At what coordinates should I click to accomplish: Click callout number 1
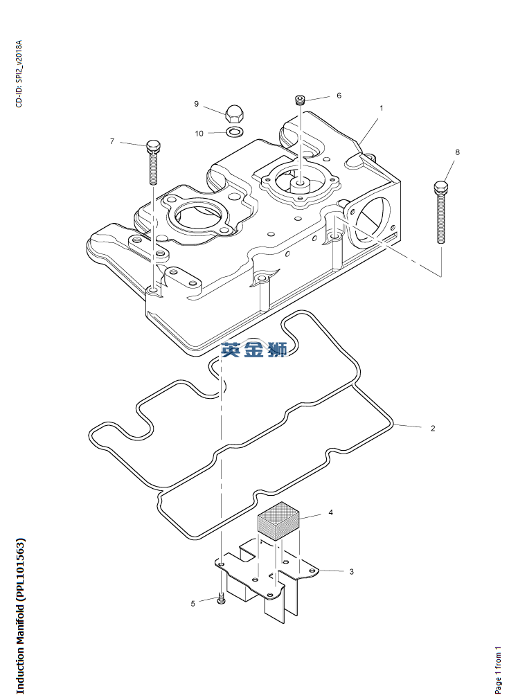click(381, 108)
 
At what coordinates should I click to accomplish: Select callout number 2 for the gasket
click(433, 429)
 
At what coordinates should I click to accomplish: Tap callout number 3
click(351, 572)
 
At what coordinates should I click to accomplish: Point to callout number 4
click(330, 513)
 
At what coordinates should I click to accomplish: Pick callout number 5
click(193, 604)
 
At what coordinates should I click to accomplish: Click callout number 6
click(339, 96)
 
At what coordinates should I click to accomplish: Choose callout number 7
click(112, 141)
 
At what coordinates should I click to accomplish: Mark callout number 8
click(457, 152)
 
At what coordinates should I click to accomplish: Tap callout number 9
click(196, 104)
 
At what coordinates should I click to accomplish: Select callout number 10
click(199, 133)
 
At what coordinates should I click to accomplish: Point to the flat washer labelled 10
click(235, 132)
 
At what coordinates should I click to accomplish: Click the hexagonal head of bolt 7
click(154, 147)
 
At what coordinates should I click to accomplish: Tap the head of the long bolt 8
click(440, 186)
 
